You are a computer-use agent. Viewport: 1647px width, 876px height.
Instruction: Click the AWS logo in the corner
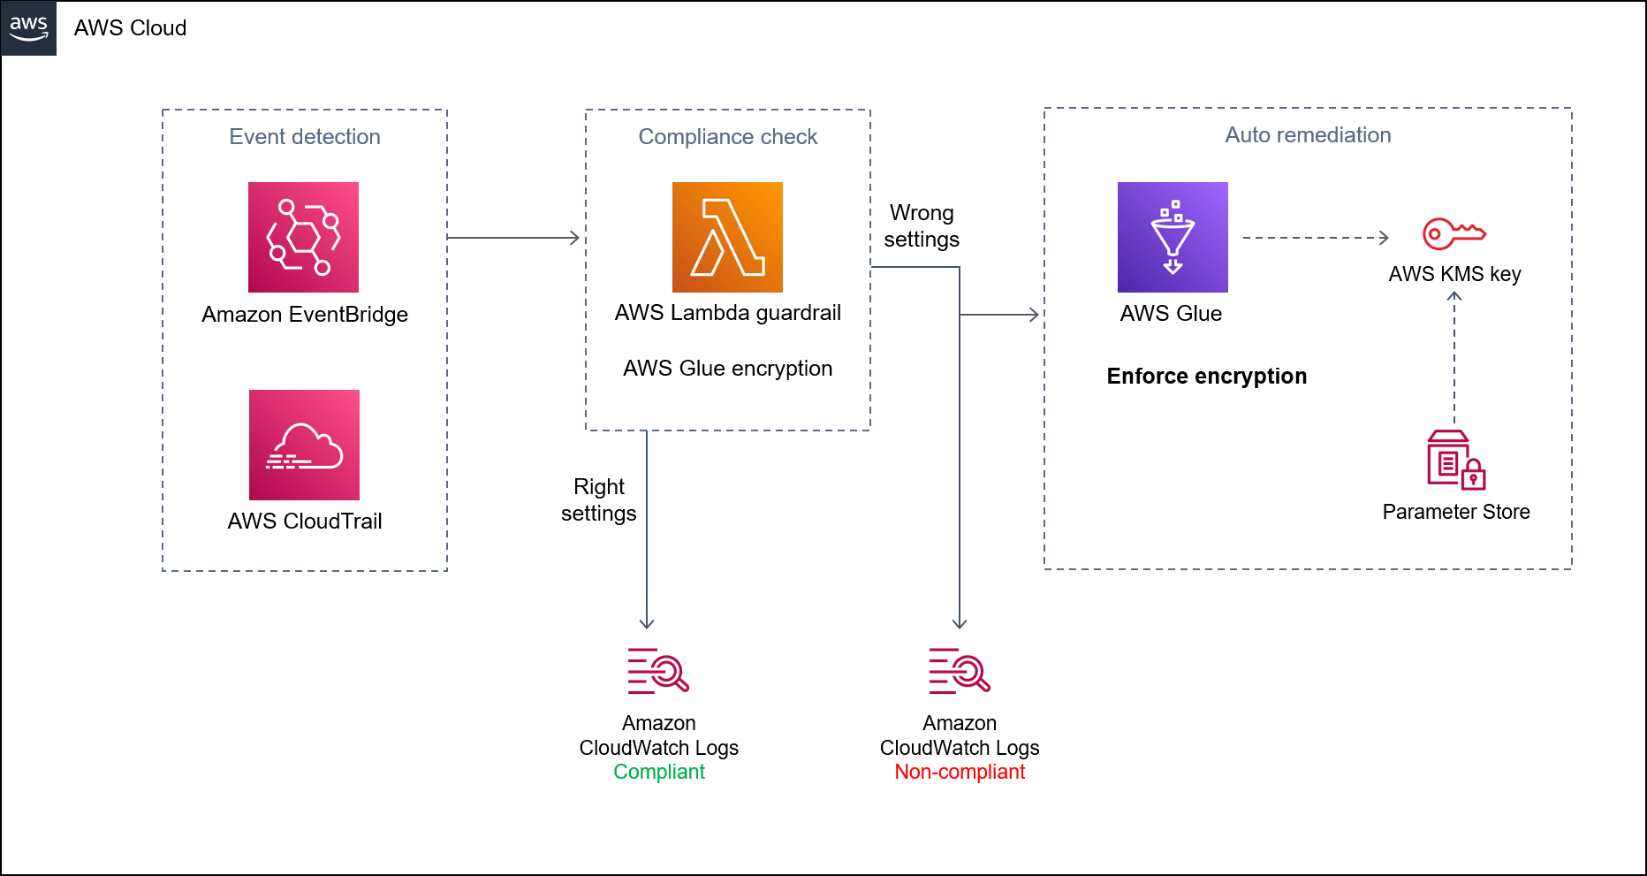(28, 27)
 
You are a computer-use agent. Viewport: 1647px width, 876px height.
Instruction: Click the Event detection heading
(305, 137)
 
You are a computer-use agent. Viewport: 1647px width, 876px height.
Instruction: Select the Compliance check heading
(727, 137)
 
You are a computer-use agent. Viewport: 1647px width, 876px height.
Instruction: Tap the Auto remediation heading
(1308, 135)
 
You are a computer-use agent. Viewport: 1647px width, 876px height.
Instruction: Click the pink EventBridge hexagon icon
(303, 237)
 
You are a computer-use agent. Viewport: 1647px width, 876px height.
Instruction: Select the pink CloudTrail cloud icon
(304, 445)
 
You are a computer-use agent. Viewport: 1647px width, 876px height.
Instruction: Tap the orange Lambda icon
(727, 237)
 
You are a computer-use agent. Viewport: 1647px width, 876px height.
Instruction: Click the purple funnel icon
(1173, 237)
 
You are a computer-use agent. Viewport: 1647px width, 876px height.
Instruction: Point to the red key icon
(1453, 234)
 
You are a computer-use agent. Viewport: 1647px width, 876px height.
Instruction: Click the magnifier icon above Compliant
(658, 671)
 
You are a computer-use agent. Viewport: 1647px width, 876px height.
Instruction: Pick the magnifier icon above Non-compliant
(960, 671)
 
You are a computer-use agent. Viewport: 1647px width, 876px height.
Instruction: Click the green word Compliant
(659, 772)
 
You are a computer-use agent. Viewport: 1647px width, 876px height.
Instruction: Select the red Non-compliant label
(960, 772)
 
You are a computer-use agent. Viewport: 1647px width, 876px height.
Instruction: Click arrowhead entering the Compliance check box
(575, 238)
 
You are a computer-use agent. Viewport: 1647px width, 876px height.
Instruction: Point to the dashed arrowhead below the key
(1454, 297)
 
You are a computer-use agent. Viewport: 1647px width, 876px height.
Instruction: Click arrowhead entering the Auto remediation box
(1034, 314)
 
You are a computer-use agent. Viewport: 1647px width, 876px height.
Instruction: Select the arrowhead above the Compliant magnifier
(647, 623)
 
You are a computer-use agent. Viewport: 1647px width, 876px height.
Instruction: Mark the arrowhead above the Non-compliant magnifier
(960, 623)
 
